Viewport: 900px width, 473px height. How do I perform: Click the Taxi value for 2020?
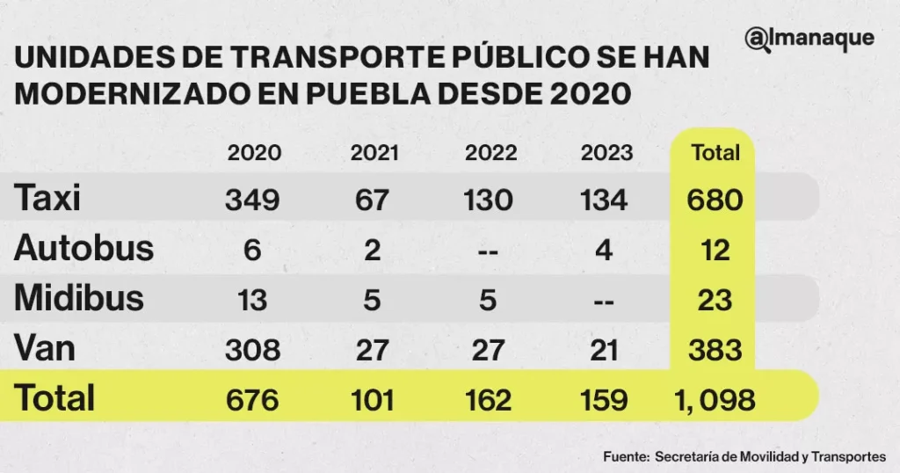[253, 200]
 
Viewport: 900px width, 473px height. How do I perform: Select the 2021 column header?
[373, 153]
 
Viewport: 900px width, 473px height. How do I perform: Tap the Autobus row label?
[83, 249]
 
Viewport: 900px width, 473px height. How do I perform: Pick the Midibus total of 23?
[715, 300]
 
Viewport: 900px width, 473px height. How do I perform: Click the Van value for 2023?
[605, 350]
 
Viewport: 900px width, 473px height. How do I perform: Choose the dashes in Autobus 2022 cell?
[489, 251]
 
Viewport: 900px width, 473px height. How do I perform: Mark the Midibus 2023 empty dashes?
[605, 300]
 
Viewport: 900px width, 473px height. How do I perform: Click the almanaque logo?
[809, 40]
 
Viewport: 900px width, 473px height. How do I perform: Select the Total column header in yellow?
[715, 153]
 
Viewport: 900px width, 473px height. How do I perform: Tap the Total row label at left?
[54, 399]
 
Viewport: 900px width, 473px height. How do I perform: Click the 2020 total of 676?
[253, 400]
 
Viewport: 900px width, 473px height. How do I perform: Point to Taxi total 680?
[715, 200]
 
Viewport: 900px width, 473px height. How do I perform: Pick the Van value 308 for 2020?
[253, 350]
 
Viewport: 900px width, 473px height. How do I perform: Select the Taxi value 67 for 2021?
[372, 200]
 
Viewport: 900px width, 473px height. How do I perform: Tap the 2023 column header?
[606, 153]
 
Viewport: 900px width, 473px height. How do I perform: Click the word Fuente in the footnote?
[625, 456]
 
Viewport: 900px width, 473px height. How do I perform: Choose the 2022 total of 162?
[489, 400]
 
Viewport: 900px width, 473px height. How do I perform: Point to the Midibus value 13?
[253, 300]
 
